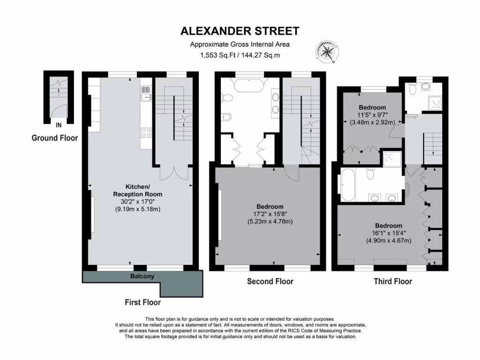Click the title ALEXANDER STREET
tap(240, 31)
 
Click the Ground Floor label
tap(54, 138)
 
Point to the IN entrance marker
tap(59, 125)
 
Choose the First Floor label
tap(142, 302)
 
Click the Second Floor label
tap(270, 281)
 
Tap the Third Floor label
tap(392, 281)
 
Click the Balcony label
tap(142, 277)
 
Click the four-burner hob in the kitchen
tap(146, 133)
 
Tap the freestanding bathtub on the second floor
tap(249, 85)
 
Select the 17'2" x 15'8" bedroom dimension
tap(270, 214)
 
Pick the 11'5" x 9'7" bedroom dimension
tap(373, 114)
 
